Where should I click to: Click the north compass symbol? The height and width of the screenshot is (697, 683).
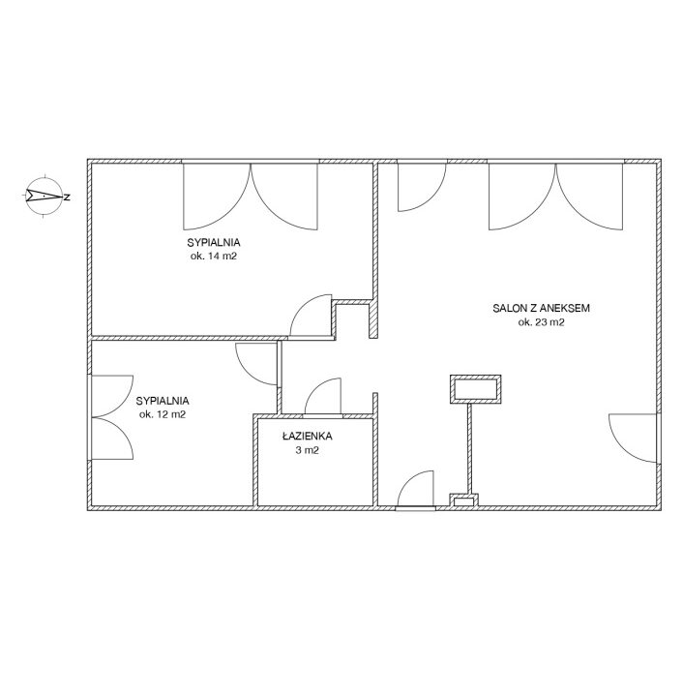pos(44,196)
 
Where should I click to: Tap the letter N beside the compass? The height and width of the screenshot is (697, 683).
pos(67,197)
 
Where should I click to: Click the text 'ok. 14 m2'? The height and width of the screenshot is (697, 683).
pos(214,257)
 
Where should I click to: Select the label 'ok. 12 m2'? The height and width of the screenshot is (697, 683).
pos(163,414)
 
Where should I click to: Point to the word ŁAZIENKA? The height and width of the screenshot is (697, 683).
pos(308,436)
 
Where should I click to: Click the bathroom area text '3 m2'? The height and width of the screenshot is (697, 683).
pos(308,450)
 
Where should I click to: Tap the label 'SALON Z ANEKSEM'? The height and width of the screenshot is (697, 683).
pos(542,308)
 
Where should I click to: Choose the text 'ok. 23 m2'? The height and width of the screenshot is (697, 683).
pos(542,322)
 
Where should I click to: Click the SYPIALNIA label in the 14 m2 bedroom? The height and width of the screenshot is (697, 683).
pos(214,243)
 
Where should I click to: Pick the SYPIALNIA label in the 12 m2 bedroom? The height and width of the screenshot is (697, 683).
pos(163,401)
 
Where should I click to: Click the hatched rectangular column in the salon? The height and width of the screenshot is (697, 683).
pos(476,389)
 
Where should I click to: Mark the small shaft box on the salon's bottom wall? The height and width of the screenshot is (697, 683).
pos(464,500)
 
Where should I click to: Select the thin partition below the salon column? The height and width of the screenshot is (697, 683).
pos(469,448)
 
